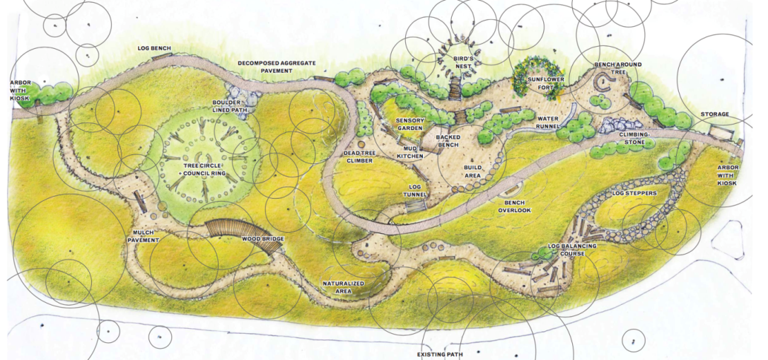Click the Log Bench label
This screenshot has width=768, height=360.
click(x=154, y=49)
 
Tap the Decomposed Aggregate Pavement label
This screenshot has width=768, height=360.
click(x=277, y=66)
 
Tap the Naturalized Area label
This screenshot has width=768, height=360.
click(x=343, y=286)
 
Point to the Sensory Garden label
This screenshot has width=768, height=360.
click(x=409, y=124)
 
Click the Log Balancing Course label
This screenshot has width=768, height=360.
click(x=572, y=250)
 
